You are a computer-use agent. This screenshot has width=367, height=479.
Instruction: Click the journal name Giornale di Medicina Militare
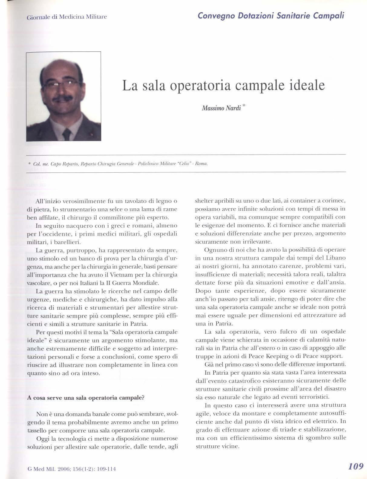pos(67,17)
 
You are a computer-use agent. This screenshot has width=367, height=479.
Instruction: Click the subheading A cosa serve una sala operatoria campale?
pos(86,398)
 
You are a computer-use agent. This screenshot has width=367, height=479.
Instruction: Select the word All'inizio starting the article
pos(48,201)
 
